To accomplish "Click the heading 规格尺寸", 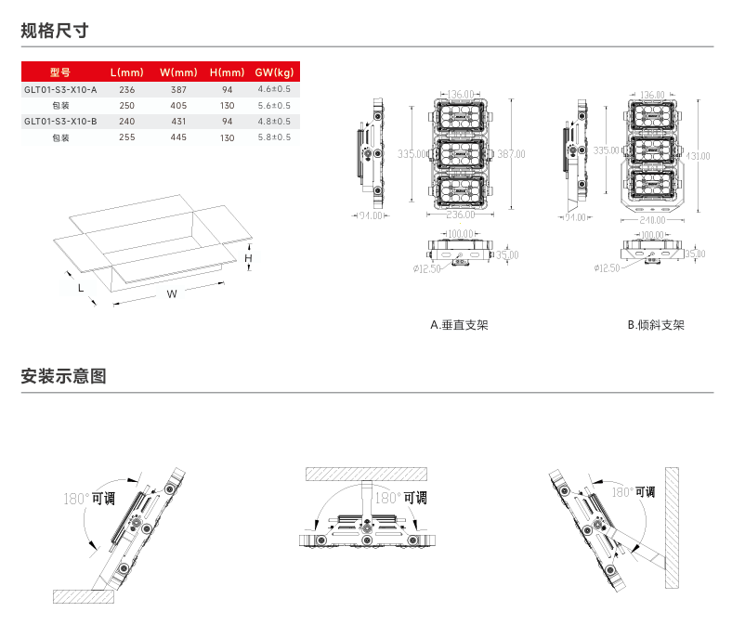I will coord(55,30).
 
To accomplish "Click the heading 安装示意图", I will coord(64,376).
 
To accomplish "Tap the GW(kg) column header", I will coord(274,72).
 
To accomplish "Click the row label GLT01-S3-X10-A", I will coord(59,89).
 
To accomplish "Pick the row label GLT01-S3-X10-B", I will coord(59,121).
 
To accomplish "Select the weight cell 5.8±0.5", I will coord(274,137).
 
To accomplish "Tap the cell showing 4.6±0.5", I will coord(274,89).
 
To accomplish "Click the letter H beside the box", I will coord(249,257).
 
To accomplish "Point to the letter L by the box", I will coord(81,288).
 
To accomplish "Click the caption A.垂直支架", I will coord(459,325).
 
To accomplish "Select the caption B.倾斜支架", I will coord(655,325).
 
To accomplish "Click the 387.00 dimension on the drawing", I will coord(511,154).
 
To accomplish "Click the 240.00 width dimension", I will coord(653,221).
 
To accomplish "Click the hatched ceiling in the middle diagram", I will coord(365,473).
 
